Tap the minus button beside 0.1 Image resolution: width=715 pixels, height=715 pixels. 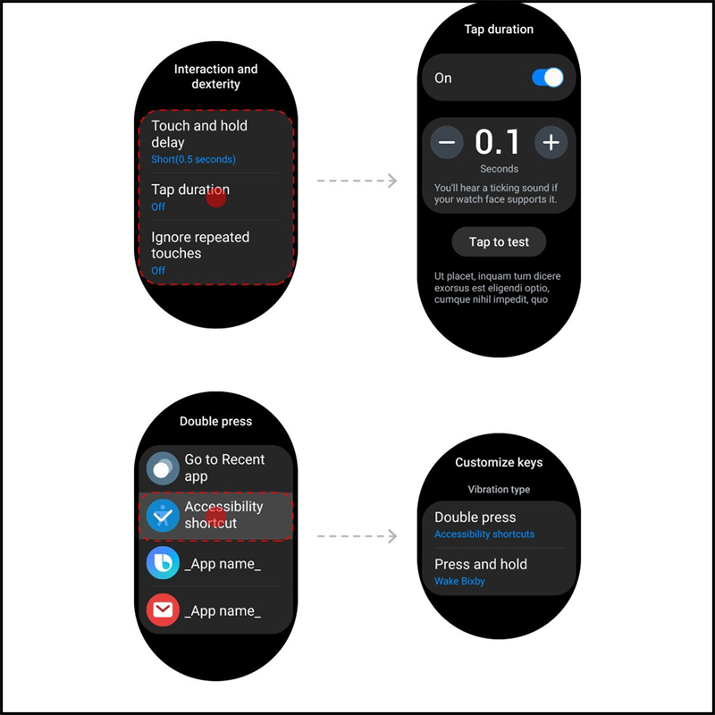446,142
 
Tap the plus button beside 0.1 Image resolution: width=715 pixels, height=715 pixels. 551,142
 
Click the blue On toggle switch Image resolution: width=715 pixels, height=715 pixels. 548,78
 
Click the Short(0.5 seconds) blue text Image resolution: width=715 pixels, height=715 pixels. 193,159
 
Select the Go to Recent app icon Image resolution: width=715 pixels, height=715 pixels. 163,468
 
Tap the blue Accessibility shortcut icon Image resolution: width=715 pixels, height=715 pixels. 163,516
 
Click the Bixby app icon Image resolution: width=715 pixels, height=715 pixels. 163,563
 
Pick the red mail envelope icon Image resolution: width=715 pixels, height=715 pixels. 163,610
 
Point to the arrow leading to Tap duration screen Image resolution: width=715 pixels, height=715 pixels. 357,181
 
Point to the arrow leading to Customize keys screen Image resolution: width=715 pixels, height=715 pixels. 357,535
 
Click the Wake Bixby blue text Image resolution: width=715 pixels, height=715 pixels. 459,581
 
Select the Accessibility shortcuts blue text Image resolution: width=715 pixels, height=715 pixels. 484,534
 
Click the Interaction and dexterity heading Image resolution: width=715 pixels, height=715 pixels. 215,76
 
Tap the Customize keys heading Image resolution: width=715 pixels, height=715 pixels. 499,462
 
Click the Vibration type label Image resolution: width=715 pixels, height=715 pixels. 499,489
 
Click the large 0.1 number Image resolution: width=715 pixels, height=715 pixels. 497,141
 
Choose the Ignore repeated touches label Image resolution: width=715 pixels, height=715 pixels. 200,245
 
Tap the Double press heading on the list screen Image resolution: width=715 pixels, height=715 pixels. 215,421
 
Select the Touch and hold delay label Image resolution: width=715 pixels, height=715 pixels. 199,133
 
